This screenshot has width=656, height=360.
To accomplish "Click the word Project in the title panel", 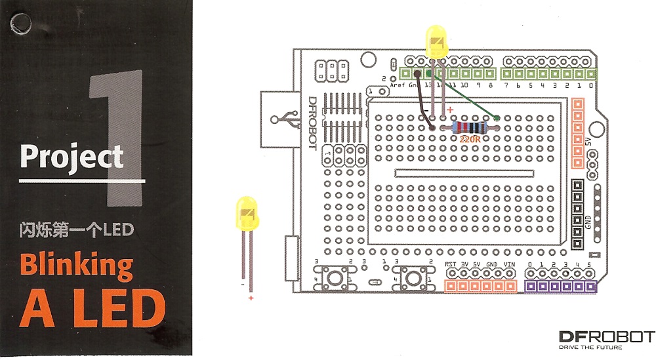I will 72,157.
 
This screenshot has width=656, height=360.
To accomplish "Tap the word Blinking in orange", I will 76,266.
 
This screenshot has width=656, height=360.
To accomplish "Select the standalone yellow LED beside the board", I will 247,213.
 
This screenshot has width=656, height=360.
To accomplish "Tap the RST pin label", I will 451,264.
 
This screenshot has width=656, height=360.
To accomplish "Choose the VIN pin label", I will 510,264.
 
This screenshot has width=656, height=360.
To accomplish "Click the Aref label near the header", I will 398,85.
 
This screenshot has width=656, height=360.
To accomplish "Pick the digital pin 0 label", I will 591,85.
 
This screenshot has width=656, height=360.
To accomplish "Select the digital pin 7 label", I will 506,85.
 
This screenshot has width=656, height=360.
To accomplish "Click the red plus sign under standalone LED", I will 250,298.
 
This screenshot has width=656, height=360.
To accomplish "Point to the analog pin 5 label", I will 589,265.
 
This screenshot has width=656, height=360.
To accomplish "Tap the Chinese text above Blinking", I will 76,230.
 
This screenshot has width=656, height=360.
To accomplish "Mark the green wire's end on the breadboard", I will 497,119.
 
